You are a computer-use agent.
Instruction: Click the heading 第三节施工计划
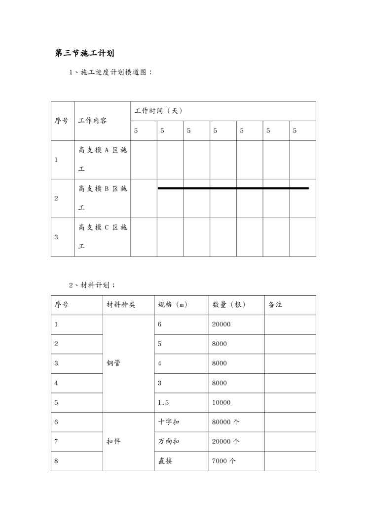click(x=85, y=53)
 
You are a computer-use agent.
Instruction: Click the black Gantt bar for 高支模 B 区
click(x=233, y=188)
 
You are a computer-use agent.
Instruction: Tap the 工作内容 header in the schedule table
click(x=92, y=121)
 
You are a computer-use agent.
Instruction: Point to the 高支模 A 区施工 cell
click(x=103, y=160)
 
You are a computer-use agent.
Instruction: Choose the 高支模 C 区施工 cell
click(x=103, y=237)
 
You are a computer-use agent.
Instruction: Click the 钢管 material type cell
click(x=113, y=363)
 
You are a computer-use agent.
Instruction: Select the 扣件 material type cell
click(x=113, y=442)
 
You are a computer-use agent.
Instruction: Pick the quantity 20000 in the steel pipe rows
click(x=221, y=324)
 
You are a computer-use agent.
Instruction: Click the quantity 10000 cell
click(x=221, y=402)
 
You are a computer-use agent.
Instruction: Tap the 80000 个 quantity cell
click(x=225, y=422)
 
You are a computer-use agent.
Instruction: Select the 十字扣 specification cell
click(x=169, y=422)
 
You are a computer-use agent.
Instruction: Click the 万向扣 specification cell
click(x=169, y=442)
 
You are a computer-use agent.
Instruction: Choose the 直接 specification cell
click(x=165, y=461)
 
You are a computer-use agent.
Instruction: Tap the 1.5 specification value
click(x=163, y=402)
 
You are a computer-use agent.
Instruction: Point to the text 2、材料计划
click(x=92, y=285)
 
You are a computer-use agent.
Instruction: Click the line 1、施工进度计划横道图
click(x=110, y=72)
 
